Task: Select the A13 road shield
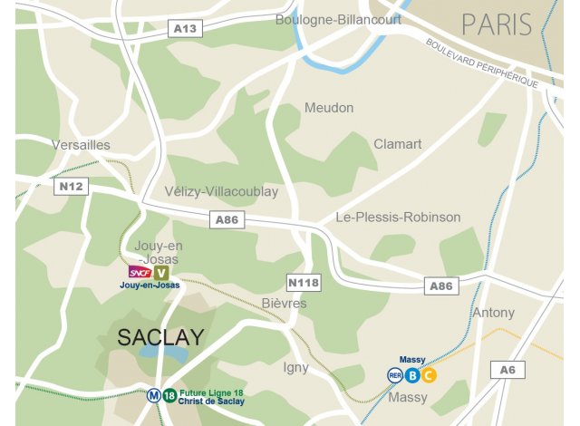coord(185,29)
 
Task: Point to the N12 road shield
coord(71,187)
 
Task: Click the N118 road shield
coord(304,282)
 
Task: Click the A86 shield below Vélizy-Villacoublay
coord(227,219)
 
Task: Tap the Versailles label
coord(81,145)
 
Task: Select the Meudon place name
coord(329,108)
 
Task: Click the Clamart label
coord(398,144)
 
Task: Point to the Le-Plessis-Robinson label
coord(398,218)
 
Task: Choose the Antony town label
coord(493,313)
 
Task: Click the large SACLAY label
coord(160,337)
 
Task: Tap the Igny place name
coord(296,367)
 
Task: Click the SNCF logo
coord(140,272)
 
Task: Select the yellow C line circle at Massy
coord(429,375)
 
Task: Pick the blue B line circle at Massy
coord(412,375)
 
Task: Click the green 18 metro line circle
coord(169,395)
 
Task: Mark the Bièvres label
coord(284,304)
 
